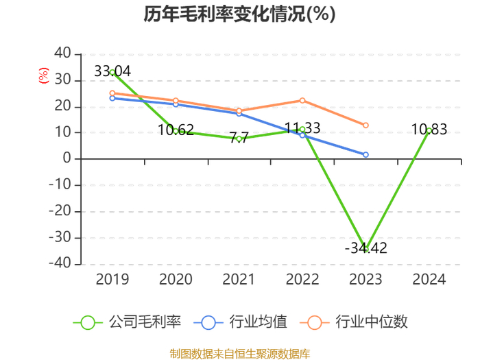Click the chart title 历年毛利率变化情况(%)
coord(240,14)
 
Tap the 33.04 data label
coord(112,71)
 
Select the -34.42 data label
coord(365,248)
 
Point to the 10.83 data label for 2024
coord(429,129)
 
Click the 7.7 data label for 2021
coord(239,137)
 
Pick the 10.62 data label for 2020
coord(176,130)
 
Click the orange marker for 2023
coord(365,125)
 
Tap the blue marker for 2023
coord(365,155)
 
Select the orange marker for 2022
coord(302,100)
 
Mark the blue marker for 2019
coord(112,98)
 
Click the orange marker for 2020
coord(176,100)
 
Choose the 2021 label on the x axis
coord(239,280)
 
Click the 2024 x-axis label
coord(429,280)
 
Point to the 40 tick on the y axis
coord(63,53)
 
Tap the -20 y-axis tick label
coord(60,211)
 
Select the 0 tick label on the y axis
coord(67,158)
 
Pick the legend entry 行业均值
coord(241,322)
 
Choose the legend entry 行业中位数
coord(354,322)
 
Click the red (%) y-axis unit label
coord(43,75)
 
